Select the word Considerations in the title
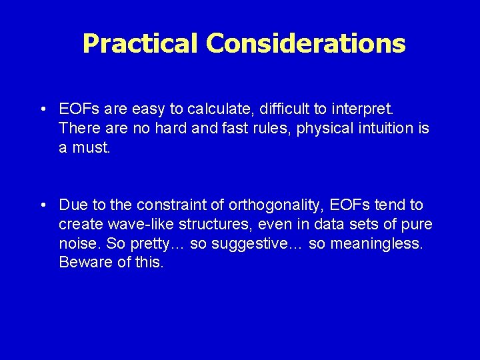(x=305, y=43)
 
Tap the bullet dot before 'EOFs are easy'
(x=42, y=109)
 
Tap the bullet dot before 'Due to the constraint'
(x=42, y=205)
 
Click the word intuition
(x=380, y=128)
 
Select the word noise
(x=77, y=243)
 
